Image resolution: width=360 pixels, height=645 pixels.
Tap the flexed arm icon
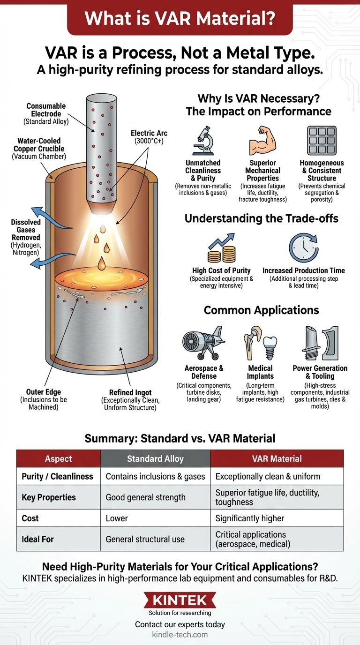(x=262, y=140)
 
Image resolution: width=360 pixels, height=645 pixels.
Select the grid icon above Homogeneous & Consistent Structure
(x=322, y=141)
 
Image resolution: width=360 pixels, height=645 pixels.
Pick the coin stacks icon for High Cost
(x=221, y=248)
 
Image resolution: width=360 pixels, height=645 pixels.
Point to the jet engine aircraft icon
(x=203, y=344)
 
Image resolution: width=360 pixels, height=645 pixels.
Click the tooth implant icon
(x=269, y=346)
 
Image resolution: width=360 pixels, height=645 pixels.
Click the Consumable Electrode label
(x=46, y=110)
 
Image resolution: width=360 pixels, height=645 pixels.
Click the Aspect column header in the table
(x=59, y=458)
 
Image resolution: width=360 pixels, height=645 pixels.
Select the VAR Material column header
(x=277, y=458)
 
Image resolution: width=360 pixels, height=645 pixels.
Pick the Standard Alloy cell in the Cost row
(x=155, y=518)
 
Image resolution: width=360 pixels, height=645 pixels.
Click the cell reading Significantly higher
(x=277, y=518)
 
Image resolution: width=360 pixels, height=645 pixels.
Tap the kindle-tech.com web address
(x=180, y=634)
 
